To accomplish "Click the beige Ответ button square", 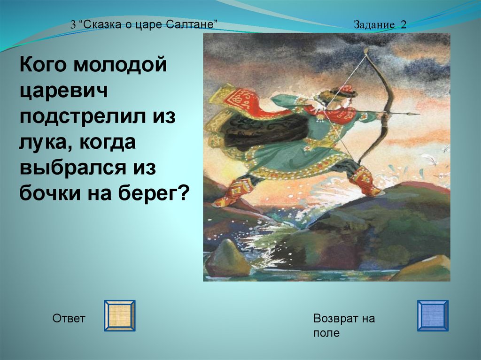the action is (120, 315).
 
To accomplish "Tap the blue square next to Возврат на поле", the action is (433, 315).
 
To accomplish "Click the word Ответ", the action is (69, 318).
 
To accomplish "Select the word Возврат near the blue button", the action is (336, 318).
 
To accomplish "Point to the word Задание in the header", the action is (374, 24).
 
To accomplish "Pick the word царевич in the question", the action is (63, 91).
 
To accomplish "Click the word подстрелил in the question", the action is (83, 116).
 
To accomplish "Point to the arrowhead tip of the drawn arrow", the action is (419, 114).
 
